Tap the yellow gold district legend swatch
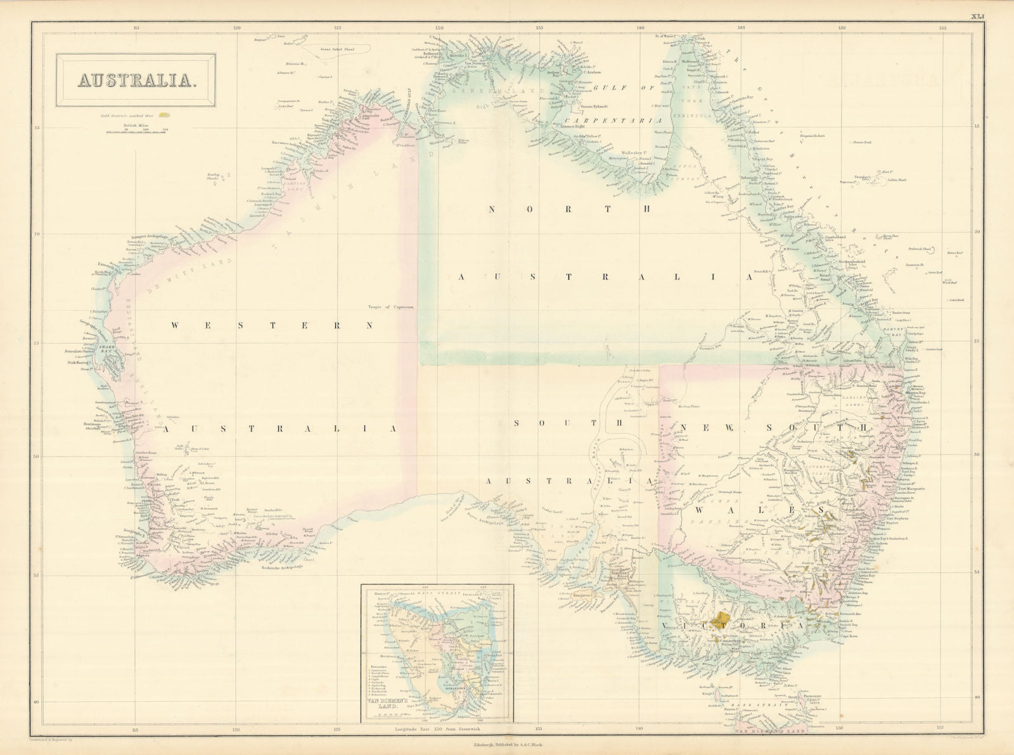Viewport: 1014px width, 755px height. point(165,116)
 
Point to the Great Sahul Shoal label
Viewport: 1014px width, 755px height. point(332,46)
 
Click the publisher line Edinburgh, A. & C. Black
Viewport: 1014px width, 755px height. point(507,745)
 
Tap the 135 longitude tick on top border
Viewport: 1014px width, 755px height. point(539,27)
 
